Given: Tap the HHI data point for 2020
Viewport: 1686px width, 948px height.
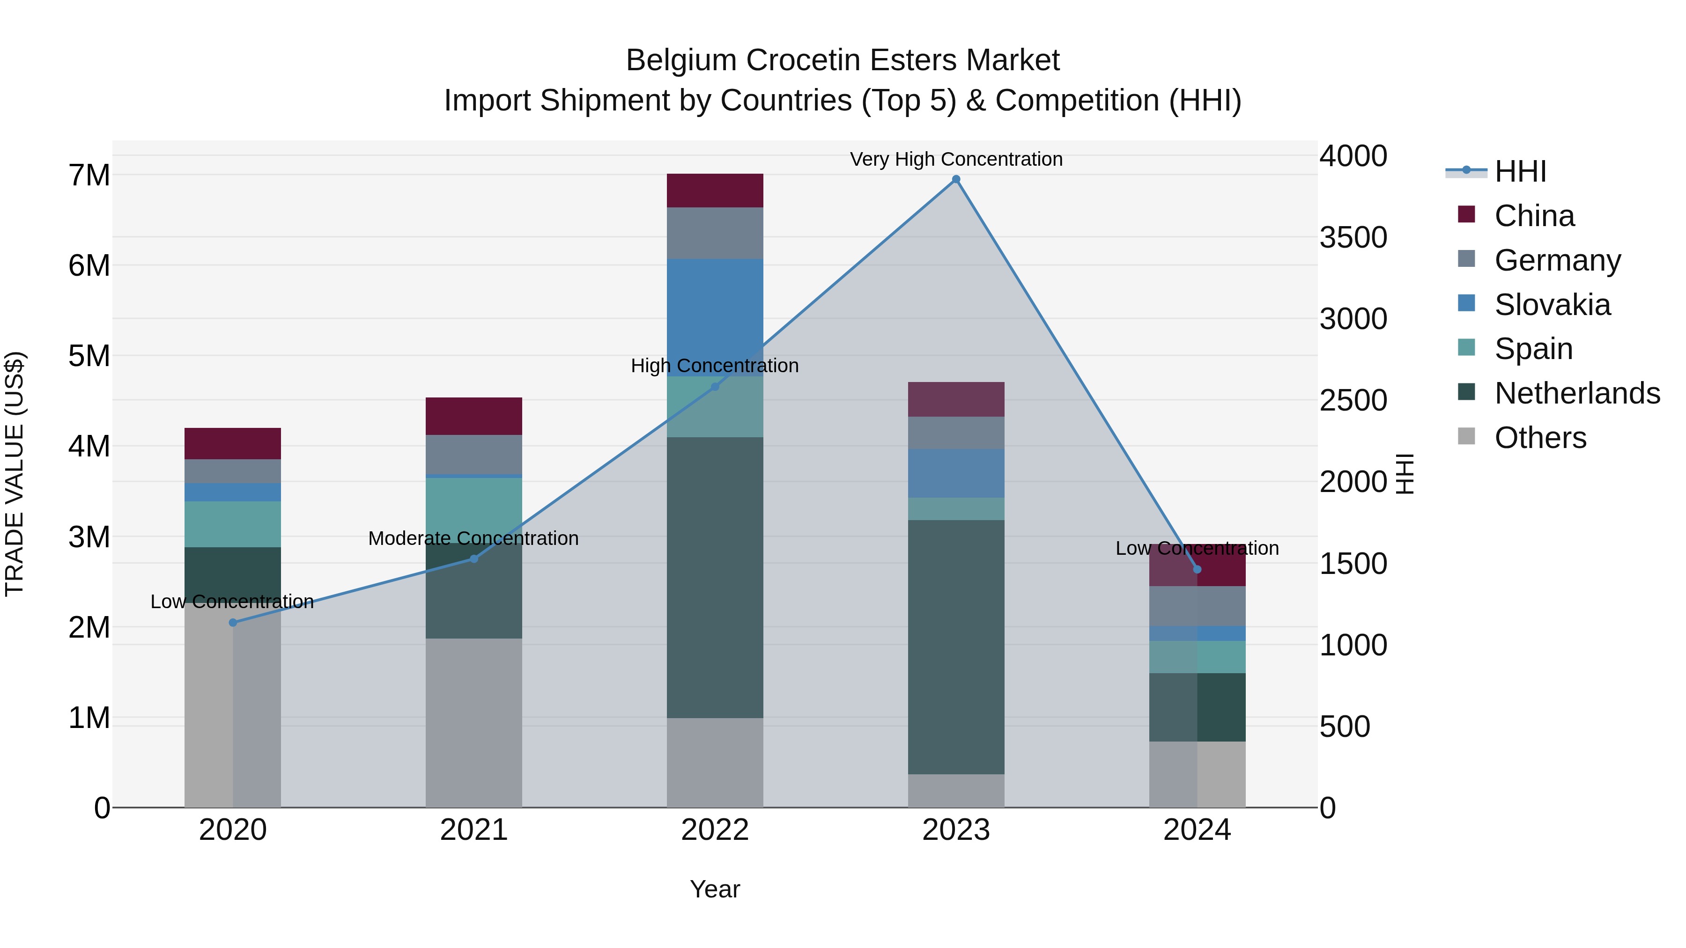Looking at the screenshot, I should click(233, 622).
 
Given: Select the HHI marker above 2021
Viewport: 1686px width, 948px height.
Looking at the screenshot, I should click(474, 559).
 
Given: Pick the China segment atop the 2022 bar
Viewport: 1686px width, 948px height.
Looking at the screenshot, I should click(715, 191).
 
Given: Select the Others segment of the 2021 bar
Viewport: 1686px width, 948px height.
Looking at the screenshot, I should click(474, 722).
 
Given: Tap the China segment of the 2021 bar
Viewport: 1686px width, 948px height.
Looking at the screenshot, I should click(474, 416).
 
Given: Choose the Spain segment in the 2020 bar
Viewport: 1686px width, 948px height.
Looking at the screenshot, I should click(233, 524).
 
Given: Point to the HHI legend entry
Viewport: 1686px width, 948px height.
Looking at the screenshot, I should click(1520, 171).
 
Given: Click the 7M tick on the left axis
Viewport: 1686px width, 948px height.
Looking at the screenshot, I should click(89, 176).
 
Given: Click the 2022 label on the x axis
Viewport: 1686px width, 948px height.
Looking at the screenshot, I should click(715, 830).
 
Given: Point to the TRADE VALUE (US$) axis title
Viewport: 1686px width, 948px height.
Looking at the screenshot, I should click(15, 474).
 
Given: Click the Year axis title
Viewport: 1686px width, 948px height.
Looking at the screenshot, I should click(715, 889).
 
